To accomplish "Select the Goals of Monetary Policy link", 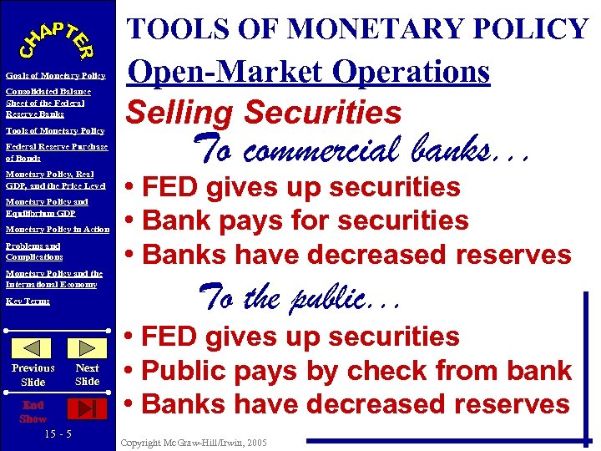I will click(55, 76).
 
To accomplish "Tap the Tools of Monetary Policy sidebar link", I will click(54, 130).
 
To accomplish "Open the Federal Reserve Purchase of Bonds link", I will click(56, 152).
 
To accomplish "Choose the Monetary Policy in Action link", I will click(57, 229).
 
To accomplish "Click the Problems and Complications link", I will click(34, 251).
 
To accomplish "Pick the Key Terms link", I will click(28, 301).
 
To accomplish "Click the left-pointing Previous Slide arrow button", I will click(33, 348).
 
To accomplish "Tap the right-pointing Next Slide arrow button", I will click(87, 348).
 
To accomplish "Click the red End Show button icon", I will click(87, 408).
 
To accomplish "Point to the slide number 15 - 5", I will click(58, 434).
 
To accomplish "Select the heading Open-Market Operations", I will click(308, 73).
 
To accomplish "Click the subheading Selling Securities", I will click(263, 112).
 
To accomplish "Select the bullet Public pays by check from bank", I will click(348, 370).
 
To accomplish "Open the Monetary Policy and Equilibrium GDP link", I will click(47, 206).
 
